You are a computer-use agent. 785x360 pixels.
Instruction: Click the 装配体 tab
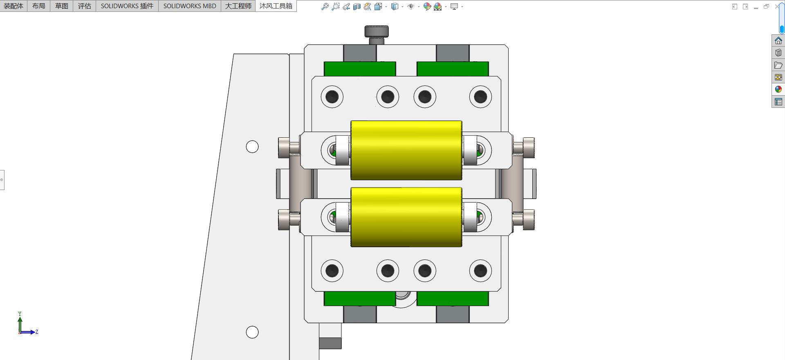(x=13, y=6)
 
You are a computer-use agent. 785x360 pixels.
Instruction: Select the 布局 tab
(x=39, y=6)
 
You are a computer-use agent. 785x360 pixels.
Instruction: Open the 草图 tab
(x=62, y=6)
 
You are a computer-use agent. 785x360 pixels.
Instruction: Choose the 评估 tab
(x=85, y=6)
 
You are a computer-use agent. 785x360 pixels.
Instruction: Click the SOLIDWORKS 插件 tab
(x=127, y=6)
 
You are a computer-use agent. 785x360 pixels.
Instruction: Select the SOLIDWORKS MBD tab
(x=190, y=6)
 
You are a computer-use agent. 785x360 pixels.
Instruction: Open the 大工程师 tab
(x=238, y=6)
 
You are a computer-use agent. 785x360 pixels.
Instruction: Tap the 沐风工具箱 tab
(x=276, y=6)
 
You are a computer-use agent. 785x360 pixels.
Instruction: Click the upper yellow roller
(x=406, y=150)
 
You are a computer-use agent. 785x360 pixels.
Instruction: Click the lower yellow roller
(x=406, y=217)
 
